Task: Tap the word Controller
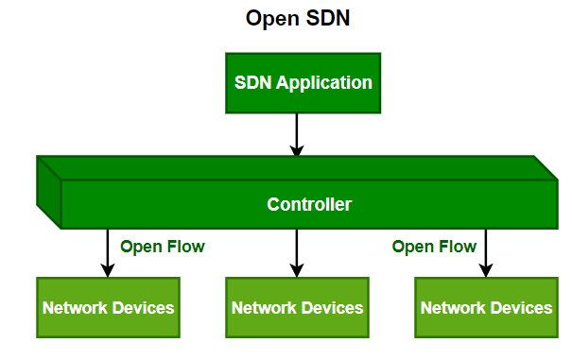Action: coord(309,204)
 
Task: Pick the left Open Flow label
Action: coord(163,248)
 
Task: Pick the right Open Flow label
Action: coord(434,248)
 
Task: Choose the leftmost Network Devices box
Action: coord(108,308)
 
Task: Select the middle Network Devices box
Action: coord(297,308)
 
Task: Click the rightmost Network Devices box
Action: coord(486,308)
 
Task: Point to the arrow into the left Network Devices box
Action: coord(108,253)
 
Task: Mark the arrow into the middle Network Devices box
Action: coord(297,253)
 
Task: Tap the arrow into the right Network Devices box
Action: coord(486,253)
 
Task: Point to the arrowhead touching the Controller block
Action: coord(297,150)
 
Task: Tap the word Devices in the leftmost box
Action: coord(143,308)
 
